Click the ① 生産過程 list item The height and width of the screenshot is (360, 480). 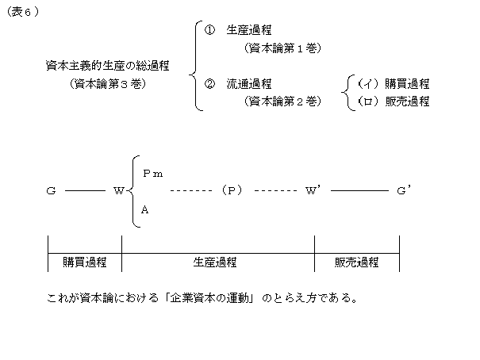(238, 31)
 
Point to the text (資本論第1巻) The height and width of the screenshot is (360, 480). (282, 48)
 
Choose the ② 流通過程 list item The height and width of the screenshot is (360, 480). (238, 83)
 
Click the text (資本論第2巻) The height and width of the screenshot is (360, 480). (282, 101)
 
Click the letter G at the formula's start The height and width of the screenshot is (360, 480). (50, 191)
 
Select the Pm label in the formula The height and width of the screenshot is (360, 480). (152, 173)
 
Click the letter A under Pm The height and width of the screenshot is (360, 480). (144, 210)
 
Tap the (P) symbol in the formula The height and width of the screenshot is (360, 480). (231, 191)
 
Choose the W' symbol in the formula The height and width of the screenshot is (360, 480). (312, 191)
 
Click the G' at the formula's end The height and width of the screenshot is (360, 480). (402, 191)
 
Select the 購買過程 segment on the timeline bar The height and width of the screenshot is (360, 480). (85, 262)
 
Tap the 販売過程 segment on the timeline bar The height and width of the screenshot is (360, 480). (356, 262)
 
